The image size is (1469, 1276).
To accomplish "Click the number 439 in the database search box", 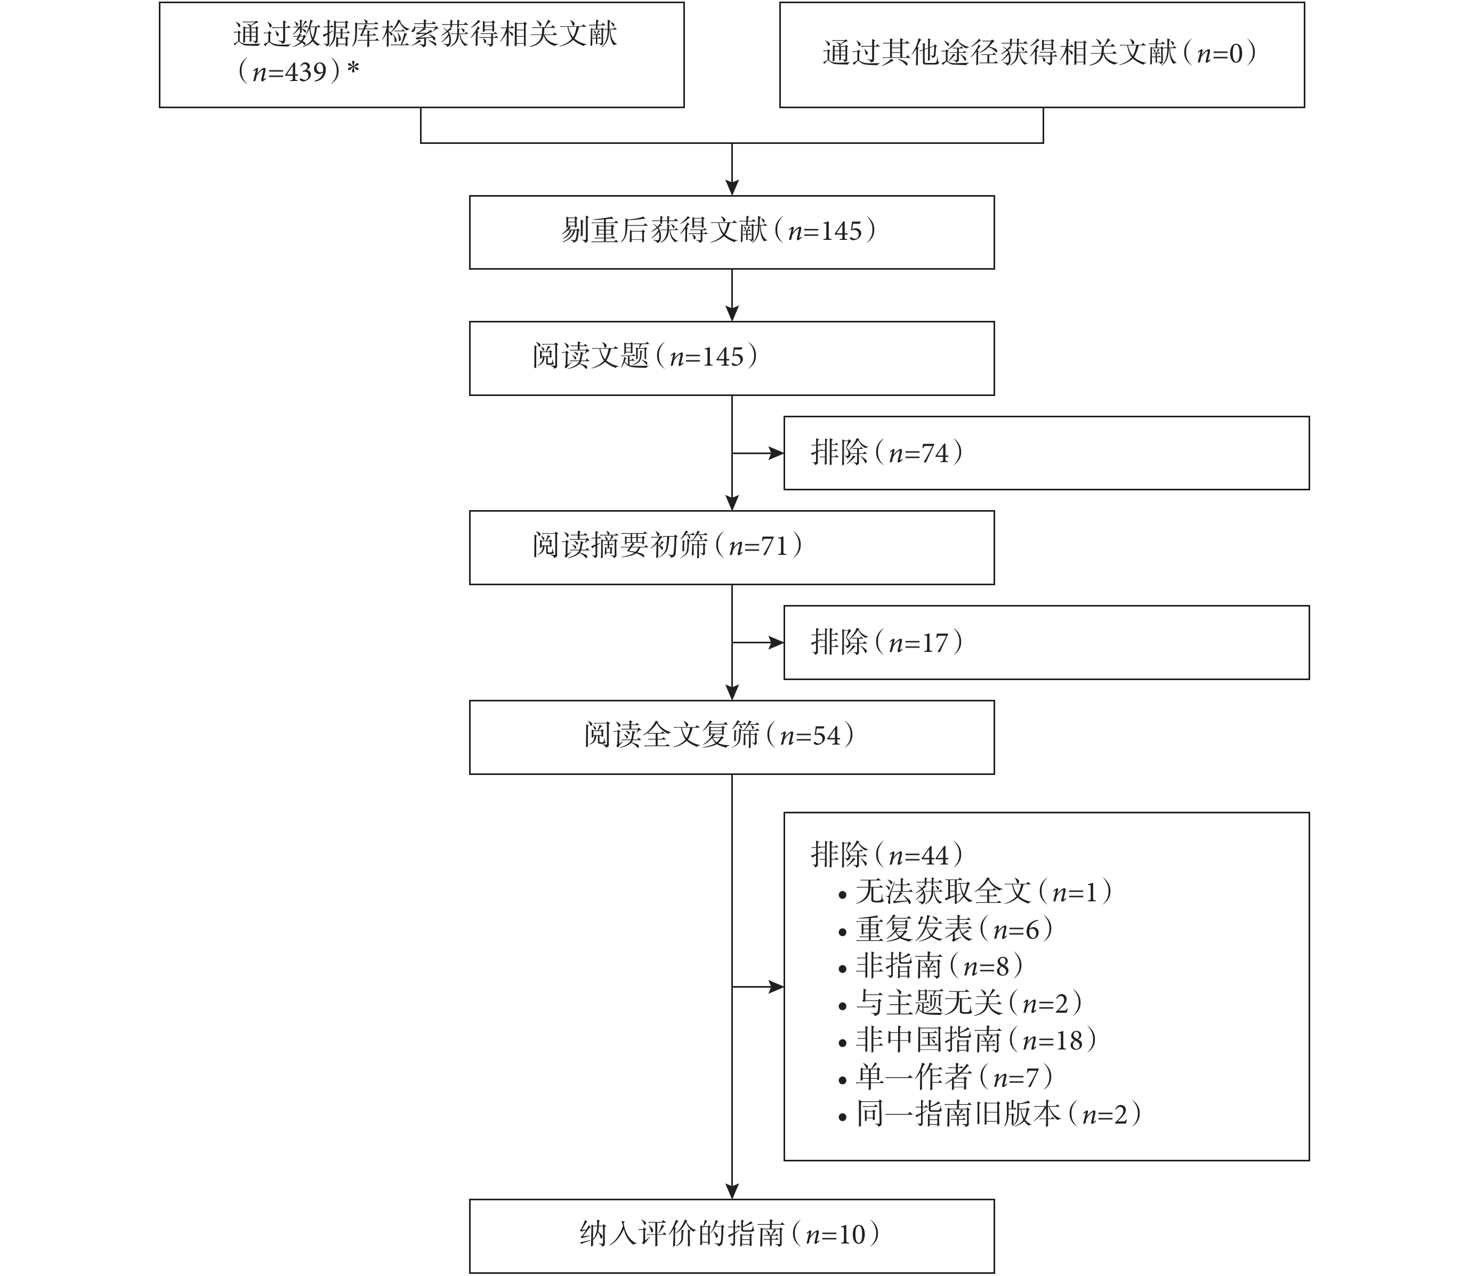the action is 306,72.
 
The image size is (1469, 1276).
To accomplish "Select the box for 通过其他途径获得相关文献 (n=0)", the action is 1042,55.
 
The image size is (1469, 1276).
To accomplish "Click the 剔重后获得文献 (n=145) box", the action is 732,233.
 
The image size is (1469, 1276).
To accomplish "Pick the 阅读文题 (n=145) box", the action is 732,358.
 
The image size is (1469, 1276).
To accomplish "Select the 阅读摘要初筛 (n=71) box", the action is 732,547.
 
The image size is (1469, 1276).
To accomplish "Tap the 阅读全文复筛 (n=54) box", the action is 732,737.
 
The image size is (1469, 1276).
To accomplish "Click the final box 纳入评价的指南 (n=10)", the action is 732,1236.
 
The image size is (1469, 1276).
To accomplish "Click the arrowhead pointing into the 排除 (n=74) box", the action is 776,453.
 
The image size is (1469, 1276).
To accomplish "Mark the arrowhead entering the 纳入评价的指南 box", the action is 732,1191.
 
